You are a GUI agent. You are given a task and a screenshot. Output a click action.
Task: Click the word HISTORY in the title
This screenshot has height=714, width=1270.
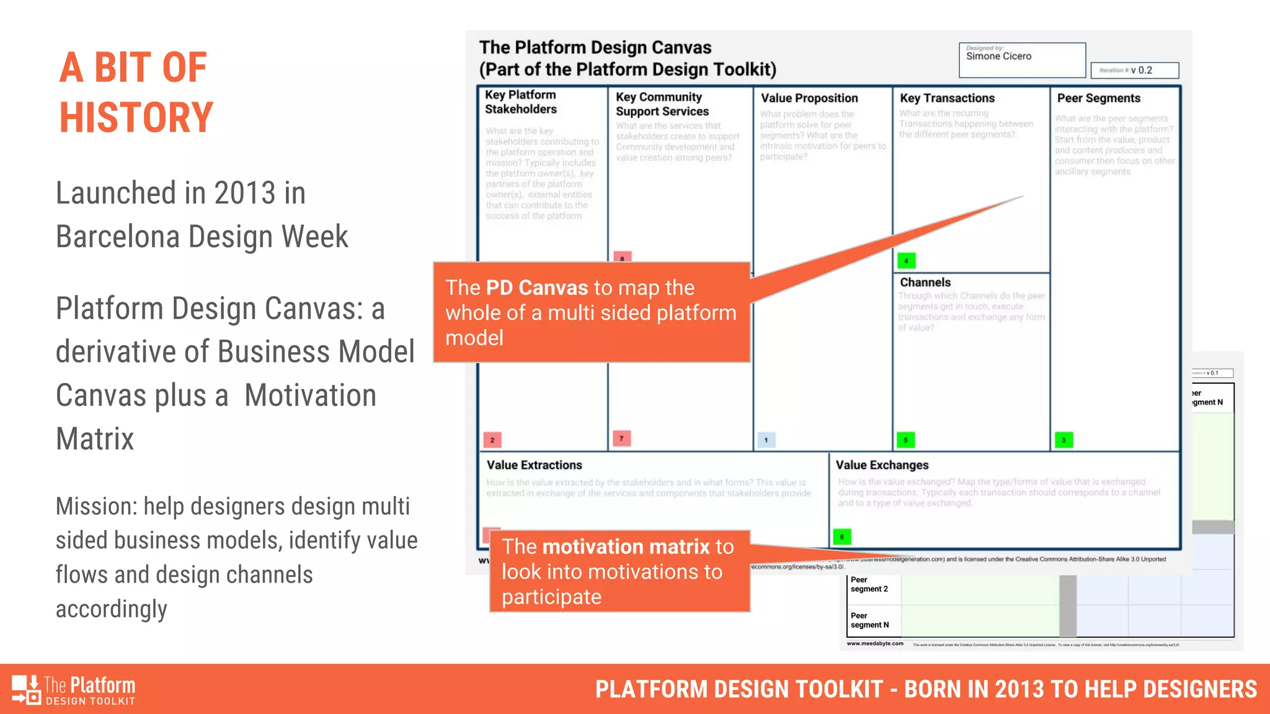pos(136,118)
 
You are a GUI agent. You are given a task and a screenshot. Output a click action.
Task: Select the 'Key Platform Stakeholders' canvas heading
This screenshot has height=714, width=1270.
pos(521,102)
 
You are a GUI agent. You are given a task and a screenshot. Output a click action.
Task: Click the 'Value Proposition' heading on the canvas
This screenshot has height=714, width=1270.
pos(809,98)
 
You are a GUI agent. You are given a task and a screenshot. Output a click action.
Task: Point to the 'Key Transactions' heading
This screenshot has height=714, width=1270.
pos(947,98)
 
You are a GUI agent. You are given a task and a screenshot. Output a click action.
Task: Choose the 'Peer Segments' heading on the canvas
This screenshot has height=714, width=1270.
pos(1098,98)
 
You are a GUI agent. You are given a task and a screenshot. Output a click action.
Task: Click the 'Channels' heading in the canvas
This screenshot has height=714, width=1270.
pos(925,282)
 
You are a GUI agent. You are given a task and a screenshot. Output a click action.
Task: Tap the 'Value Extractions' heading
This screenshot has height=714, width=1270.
pos(534,465)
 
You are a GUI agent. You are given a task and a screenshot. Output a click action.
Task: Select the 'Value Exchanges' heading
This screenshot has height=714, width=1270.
pos(882,465)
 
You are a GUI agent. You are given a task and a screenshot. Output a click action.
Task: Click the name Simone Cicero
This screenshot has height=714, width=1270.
pos(998,56)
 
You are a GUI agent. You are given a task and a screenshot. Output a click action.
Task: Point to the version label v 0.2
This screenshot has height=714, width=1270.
pos(1141,70)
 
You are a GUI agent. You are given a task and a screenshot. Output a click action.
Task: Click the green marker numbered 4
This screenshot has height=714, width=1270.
pos(906,261)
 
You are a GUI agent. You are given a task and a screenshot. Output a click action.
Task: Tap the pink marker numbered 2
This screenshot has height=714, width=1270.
pos(492,440)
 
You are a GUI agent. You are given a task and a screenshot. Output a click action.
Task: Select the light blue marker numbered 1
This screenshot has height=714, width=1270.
pos(766,440)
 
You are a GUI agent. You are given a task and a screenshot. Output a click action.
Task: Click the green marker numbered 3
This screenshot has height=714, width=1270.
pos(1064,440)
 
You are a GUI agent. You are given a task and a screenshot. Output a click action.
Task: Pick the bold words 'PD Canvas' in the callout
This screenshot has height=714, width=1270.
pos(536,288)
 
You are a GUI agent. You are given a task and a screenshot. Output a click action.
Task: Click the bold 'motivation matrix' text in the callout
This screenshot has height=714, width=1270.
pos(625,547)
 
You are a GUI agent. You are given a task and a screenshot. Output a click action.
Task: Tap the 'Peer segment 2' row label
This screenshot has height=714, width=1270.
pos(869,584)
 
